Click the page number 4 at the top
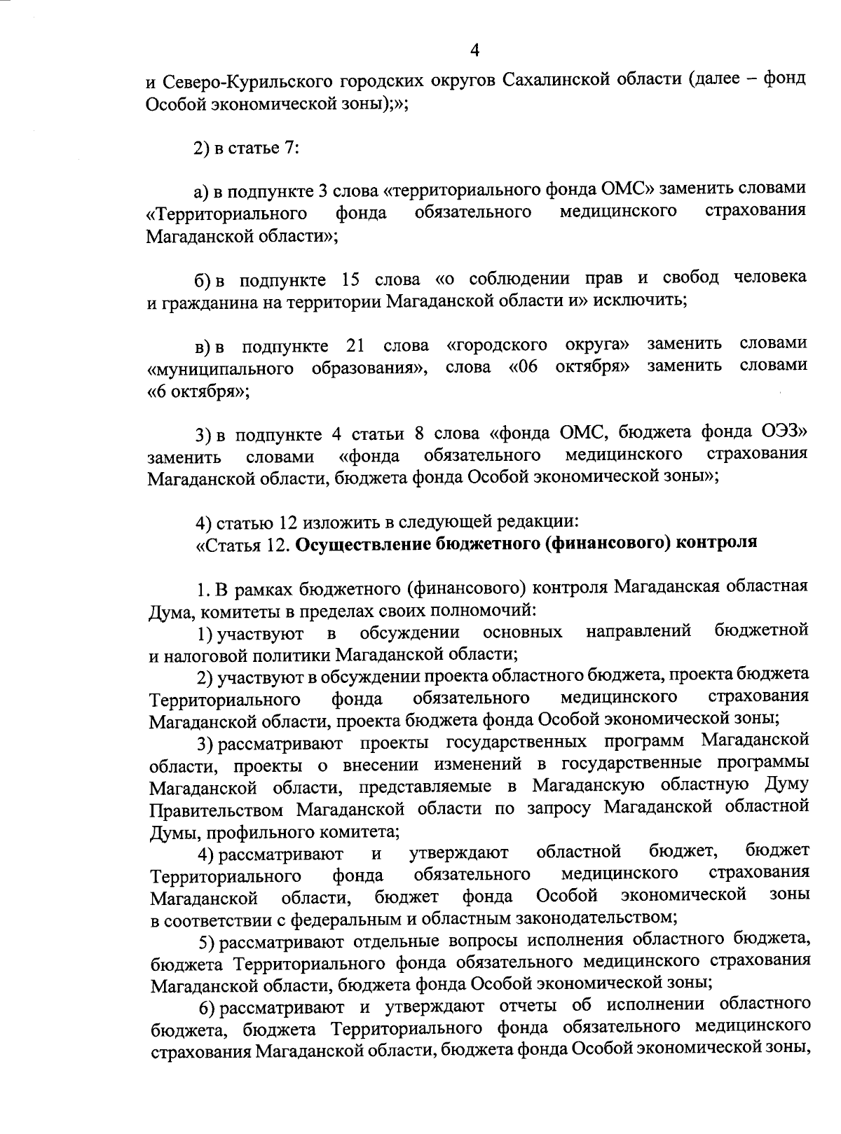[x=474, y=50]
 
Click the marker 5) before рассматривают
[x=206, y=939]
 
